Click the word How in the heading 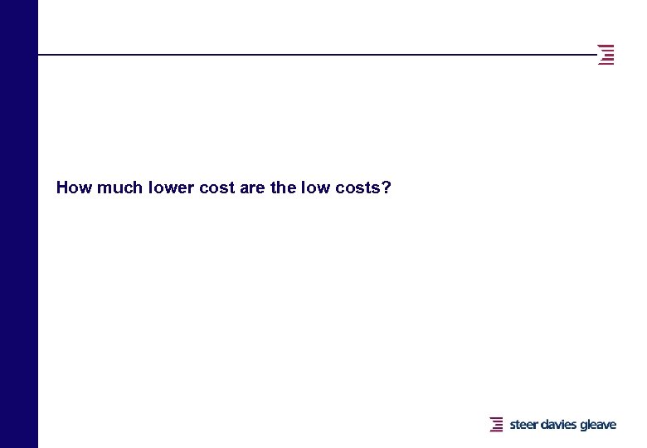(74, 187)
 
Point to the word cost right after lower (217, 187)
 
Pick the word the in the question (283, 187)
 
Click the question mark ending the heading (387, 187)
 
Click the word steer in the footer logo (523, 425)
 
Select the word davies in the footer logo (559, 425)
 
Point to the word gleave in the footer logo (598, 425)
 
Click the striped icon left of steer (496, 425)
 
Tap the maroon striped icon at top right (606, 54)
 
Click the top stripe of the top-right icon (606, 45)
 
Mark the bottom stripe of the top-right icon (606, 64)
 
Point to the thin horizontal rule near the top (315, 55)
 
